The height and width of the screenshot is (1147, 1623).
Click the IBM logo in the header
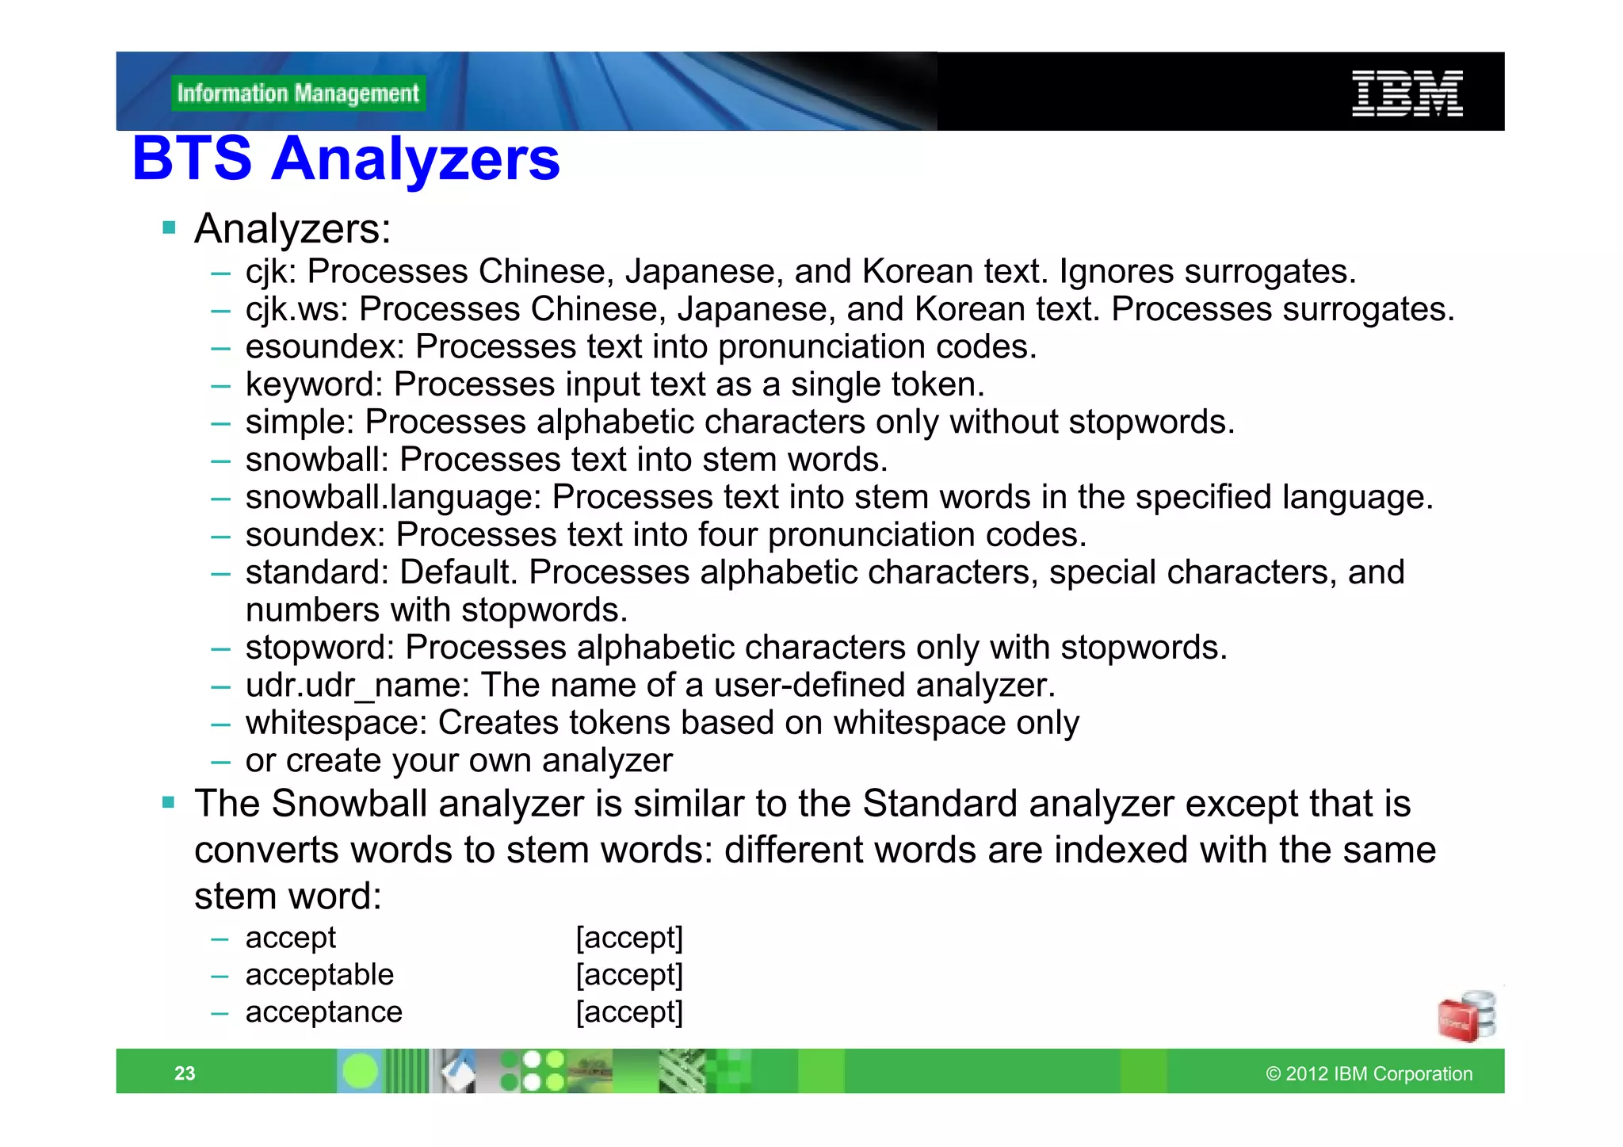(1407, 94)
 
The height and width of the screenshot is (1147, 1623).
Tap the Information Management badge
(298, 94)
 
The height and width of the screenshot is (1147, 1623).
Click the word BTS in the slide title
(192, 159)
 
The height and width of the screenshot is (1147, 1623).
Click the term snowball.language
(393, 498)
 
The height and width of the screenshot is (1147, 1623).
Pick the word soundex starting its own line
(315, 535)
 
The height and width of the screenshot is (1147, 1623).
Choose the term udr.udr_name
(358, 686)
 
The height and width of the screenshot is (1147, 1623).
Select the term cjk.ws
(296, 310)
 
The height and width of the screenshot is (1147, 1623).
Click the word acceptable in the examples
(319, 975)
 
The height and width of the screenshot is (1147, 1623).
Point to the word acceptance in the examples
(323, 1012)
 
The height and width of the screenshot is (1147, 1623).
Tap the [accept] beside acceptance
(629, 1012)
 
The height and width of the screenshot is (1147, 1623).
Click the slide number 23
(185, 1073)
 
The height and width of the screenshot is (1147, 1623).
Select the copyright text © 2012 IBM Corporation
(1369, 1074)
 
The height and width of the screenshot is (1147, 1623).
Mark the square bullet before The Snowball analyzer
(168, 803)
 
